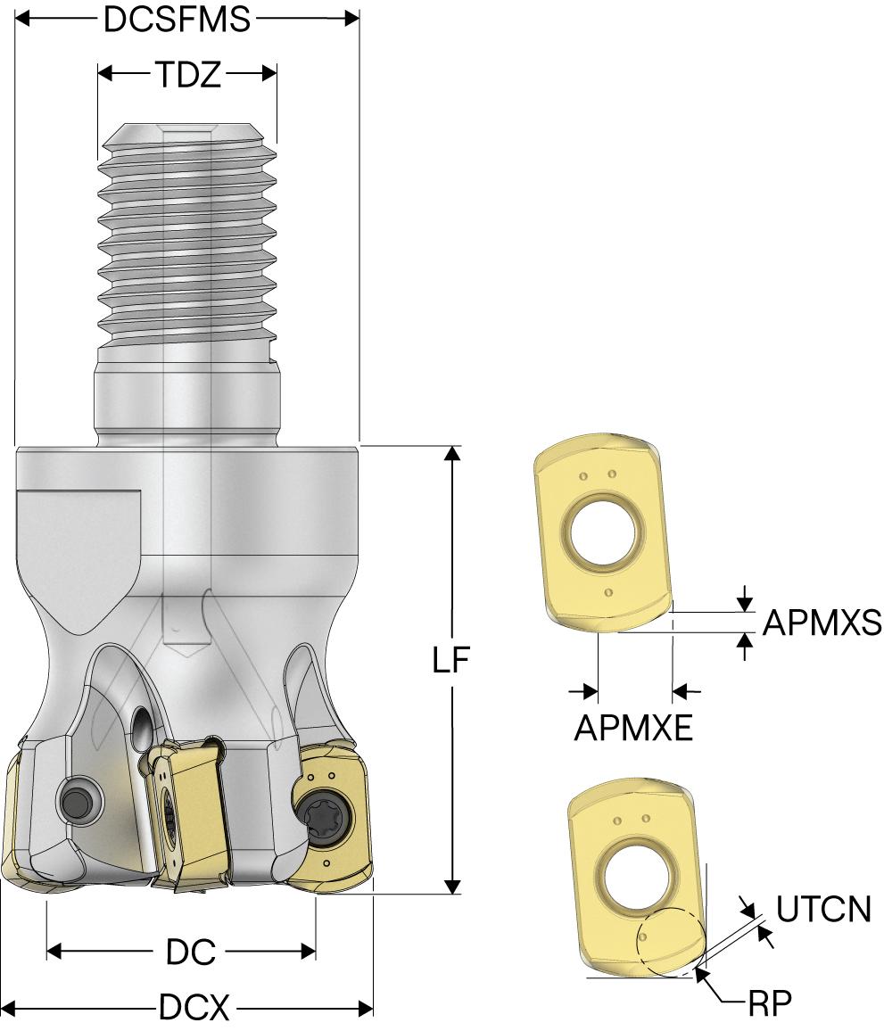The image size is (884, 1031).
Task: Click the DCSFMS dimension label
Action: pyautogui.click(x=178, y=20)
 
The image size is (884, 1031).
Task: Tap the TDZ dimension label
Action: pyautogui.click(x=188, y=75)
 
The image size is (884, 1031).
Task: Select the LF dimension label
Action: pyautogui.click(x=451, y=661)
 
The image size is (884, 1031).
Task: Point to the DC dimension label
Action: pyautogui.click(x=191, y=953)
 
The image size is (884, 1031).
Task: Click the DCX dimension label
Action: pyautogui.click(x=194, y=1010)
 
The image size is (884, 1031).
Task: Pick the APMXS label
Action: pyautogui.click(x=822, y=622)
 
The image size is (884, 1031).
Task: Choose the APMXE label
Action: pyautogui.click(x=632, y=729)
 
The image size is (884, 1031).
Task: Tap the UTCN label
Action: pyautogui.click(x=823, y=911)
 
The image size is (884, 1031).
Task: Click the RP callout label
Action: pyautogui.click(x=771, y=1002)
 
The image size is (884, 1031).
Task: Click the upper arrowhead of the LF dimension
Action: pyautogui.click(x=453, y=453)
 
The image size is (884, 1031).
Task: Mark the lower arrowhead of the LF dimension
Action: pyautogui.click(x=453, y=886)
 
